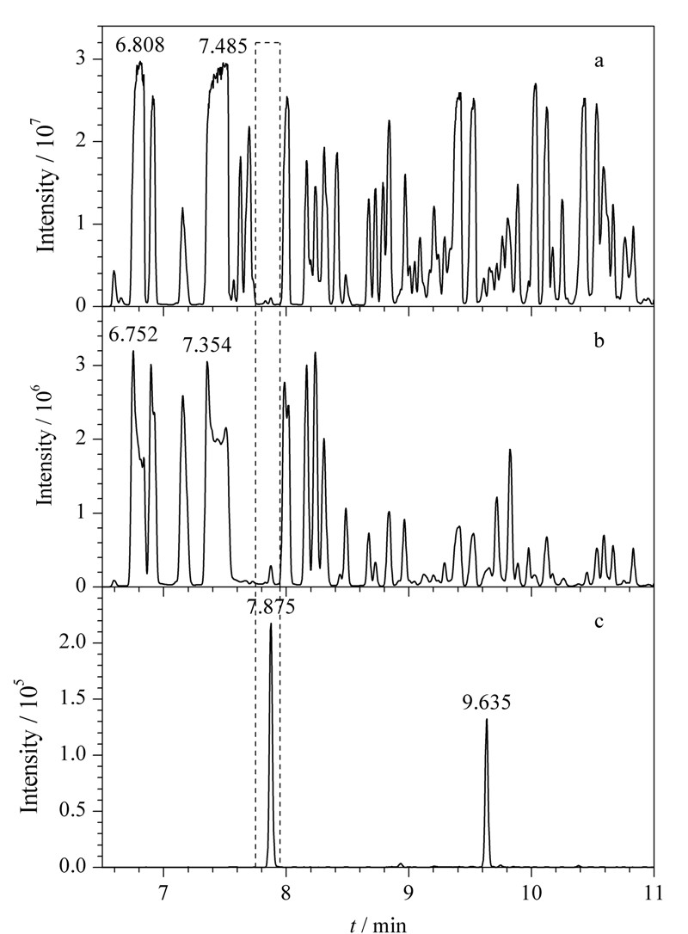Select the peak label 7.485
(222, 46)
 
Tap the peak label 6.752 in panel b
(133, 335)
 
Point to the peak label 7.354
(207, 345)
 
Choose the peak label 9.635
(487, 704)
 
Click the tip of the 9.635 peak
(487, 719)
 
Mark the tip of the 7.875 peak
(271, 624)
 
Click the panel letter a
(599, 61)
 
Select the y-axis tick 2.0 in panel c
(77, 643)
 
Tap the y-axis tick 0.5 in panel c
(77, 811)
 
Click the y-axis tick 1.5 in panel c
(77, 699)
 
